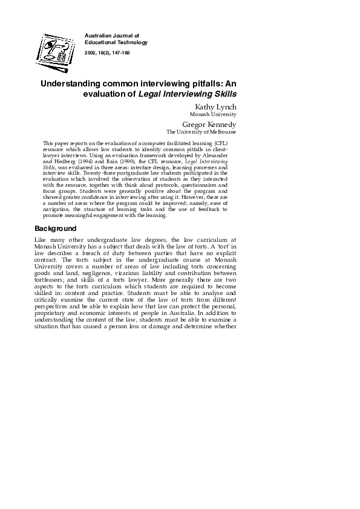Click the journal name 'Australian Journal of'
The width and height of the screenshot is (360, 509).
pyautogui.click(x=112, y=36)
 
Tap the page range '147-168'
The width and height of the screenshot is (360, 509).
pyautogui.click(x=120, y=53)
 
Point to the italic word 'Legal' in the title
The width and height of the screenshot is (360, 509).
pyautogui.click(x=151, y=94)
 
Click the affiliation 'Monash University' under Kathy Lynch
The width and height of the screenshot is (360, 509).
pyautogui.click(x=213, y=114)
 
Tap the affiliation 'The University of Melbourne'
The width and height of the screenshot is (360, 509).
pyautogui.click(x=201, y=132)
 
